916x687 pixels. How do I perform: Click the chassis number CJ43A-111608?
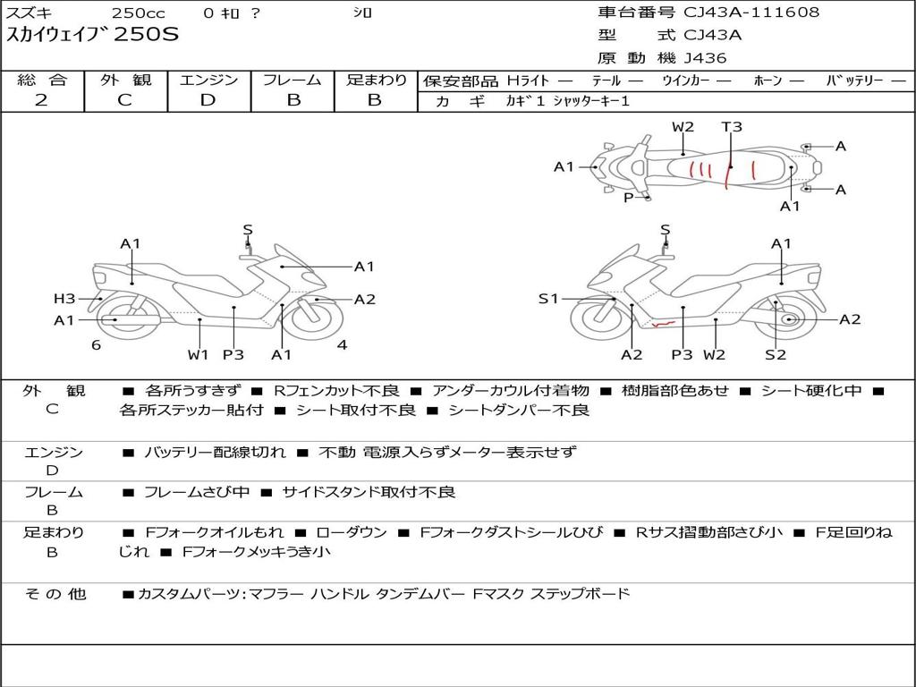click(751, 13)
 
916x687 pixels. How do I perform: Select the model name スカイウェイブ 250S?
click(93, 36)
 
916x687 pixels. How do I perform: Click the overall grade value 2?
click(41, 100)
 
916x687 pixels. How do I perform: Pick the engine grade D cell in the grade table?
click(208, 100)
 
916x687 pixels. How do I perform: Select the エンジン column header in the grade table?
click(208, 81)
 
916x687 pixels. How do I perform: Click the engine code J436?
click(705, 58)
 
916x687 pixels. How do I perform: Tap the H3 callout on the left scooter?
click(64, 299)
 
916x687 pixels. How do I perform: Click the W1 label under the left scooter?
click(198, 355)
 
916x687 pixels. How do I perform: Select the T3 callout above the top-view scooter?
click(732, 127)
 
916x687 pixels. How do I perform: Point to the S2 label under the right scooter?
click(776, 355)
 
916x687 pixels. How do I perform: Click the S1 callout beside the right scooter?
click(548, 299)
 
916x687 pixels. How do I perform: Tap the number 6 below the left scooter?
click(96, 344)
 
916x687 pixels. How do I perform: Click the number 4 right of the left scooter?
click(342, 344)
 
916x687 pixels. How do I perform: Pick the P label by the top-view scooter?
click(628, 197)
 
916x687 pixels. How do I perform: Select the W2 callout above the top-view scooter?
click(683, 127)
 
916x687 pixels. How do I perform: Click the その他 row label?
click(55, 594)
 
